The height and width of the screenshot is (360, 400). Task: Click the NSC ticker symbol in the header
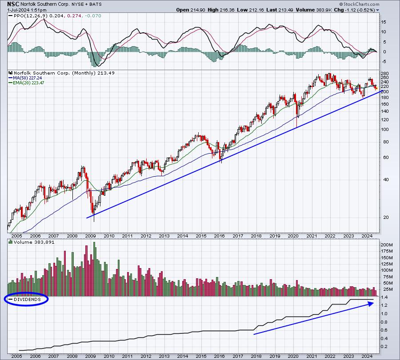point(13,4)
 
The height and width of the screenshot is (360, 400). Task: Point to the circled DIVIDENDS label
point(27,299)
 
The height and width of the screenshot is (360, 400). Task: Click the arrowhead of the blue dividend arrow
point(371,303)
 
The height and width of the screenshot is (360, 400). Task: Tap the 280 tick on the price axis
point(384,73)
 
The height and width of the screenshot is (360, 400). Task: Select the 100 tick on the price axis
point(384,130)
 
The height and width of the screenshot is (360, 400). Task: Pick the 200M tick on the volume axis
point(387,245)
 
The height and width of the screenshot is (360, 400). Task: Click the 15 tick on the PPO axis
point(384,22)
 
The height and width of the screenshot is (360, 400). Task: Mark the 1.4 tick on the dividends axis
point(384,297)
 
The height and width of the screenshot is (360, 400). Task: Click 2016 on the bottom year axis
point(220,356)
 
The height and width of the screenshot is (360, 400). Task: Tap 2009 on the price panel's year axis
point(90,236)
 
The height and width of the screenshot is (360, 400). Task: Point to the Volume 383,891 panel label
point(34,242)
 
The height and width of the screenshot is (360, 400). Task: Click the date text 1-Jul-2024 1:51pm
point(27,10)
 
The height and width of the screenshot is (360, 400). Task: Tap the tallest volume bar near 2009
point(94,269)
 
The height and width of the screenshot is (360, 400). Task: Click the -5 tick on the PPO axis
point(383,62)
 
